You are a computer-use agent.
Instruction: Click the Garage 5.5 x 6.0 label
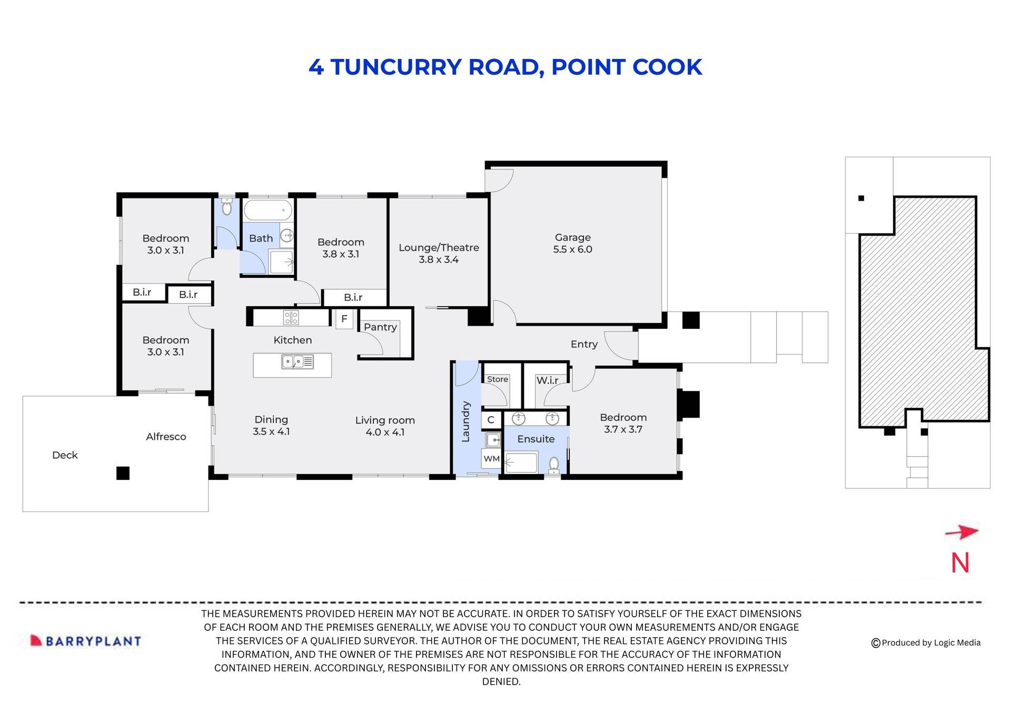[x=572, y=244]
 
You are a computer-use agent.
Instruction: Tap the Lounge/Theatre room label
[x=439, y=253]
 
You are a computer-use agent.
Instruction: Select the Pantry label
[x=380, y=327]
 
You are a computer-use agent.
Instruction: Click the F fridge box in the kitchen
[x=344, y=319]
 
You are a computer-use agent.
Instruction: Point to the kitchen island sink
[x=298, y=362]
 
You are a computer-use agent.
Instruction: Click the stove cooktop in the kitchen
[x=291, y=317]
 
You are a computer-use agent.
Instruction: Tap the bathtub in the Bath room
[x=267, y=210]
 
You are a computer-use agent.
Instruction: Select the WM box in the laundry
[x=491, y=459]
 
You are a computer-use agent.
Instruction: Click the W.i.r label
[x=547, y=380]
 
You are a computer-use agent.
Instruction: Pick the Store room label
[x=497, y=379]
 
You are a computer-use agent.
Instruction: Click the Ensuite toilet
[x=554, y=465]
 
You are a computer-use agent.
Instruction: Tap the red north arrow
[x=962, y=532]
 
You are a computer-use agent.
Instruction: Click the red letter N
[x=960, y=563]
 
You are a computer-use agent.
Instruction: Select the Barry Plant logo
[x=86, y=641]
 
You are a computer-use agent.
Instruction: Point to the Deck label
[x=65, y=455]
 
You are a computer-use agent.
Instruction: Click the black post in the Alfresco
[x=123, y=473]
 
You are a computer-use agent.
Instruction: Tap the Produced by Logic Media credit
[x=926, y=642]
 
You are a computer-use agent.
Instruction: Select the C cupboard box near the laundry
[x=491, y=420]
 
